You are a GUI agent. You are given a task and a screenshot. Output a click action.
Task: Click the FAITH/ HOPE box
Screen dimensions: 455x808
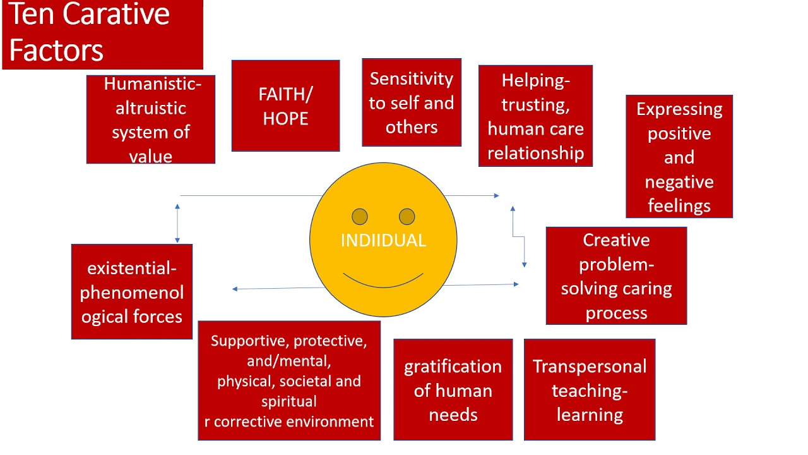(285, 106)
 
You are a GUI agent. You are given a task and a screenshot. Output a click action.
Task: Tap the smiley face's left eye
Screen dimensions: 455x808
(360, 217)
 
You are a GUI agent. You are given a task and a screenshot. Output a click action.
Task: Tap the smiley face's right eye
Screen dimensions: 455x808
(407, 217)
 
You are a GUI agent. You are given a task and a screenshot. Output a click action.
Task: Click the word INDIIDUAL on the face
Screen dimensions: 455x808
(383, 241)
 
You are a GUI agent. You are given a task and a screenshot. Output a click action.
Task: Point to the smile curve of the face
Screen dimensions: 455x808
(383, 282)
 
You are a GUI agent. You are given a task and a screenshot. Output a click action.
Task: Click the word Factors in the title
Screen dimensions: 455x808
(56, 51)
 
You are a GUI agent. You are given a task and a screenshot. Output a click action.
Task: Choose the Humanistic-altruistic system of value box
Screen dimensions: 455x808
(150, 119)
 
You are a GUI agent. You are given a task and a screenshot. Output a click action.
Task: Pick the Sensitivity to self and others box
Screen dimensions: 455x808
(412, 102)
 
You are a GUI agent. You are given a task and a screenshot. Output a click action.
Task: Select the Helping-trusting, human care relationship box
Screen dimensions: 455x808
(535, 116)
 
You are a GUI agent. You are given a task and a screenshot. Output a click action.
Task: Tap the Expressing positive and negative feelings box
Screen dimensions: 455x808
(679, 157)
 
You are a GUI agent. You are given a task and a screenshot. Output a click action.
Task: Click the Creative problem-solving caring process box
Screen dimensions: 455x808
(616, 276)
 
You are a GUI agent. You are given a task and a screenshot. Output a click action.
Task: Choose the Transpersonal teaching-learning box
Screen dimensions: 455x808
(590, 390)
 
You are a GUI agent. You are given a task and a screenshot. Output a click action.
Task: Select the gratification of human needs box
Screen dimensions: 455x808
(453, 390)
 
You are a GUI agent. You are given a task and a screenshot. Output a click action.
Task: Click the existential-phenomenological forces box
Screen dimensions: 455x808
(132, 292)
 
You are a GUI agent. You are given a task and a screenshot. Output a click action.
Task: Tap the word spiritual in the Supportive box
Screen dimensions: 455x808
(289, 401)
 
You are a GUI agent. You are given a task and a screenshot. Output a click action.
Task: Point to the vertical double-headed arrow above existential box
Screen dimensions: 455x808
(177, 224)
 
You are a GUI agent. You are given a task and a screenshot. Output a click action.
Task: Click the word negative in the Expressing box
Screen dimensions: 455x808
(679, 182)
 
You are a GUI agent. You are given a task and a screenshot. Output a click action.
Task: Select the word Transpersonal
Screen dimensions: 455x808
(590, 367)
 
